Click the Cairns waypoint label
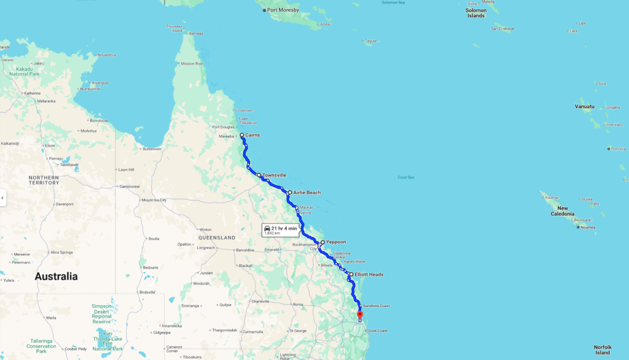click(252, 135)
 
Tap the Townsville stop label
click(274, 175)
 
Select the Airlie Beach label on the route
click(307, 192)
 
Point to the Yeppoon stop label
click(336, 242)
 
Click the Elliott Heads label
click(369, 274)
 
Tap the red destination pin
click(360, 315)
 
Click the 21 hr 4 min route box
click(280, 230)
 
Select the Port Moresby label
click(283, 10)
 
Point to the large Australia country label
click(56, 276)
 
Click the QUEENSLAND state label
click(217, 237)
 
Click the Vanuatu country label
click(585, 106)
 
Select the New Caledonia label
click(563, 211)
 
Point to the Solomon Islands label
click(476, 13)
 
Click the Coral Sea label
click(405, 177)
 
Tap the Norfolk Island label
click(603, 350)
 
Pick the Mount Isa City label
click(154, 200)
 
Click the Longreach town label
click(205, 248)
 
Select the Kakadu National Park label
click(21, 71)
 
